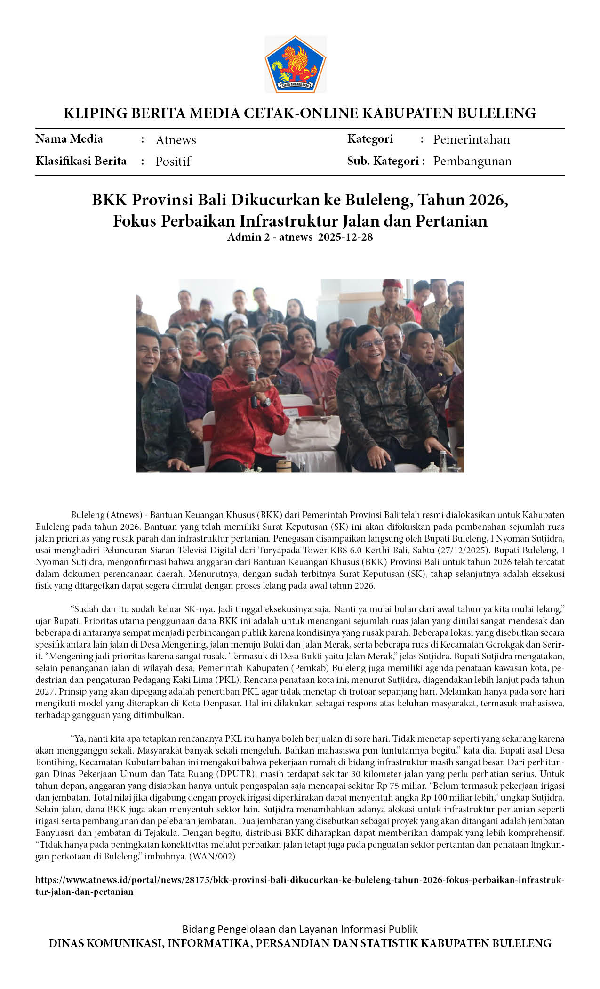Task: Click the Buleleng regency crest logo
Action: tap(295, 64)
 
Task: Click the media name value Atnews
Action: tap(176, 140)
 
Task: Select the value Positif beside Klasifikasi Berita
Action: tap(173, 162)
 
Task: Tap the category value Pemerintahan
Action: tap(471, 139)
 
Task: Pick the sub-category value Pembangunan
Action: tap(472, 161)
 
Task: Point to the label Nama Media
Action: tap(69, 139)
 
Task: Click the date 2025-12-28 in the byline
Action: tap(345, 237)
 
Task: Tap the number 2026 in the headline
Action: tap(487, 200)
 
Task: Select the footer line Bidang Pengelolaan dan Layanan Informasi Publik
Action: tap(300, 929)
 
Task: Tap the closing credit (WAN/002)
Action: tap(211, 856)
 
